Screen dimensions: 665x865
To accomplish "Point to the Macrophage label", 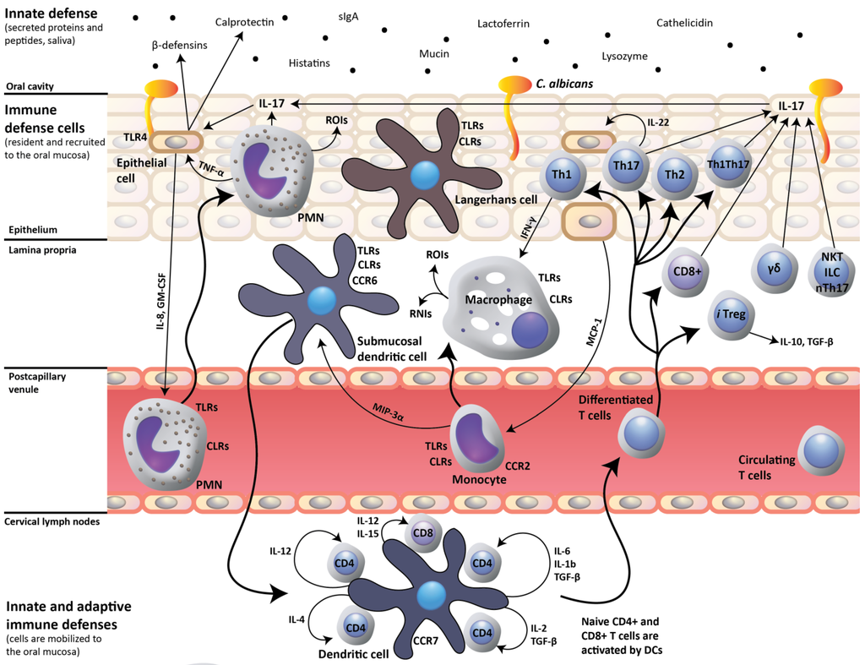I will (497, 300).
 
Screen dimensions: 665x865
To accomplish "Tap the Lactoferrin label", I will (503, 24).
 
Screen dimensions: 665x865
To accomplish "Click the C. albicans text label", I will (564, 84).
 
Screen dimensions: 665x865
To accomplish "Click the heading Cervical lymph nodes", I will (52, 521).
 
